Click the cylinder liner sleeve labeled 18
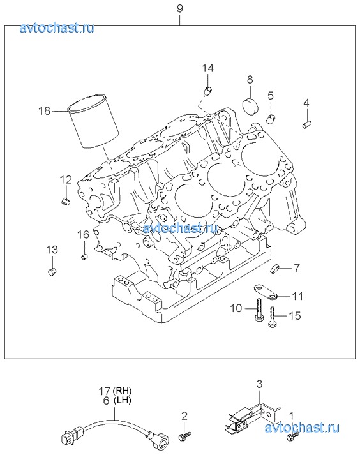coord(93,121)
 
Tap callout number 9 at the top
coord(180,8)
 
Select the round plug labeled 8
coord(250,107)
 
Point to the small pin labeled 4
coord(306,125)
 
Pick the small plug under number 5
coord(271,119)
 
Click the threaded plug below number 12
coord(66,202)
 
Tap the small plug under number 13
coord(52,272)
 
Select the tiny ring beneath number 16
coord(84,257)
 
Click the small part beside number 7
coord(274,269)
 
